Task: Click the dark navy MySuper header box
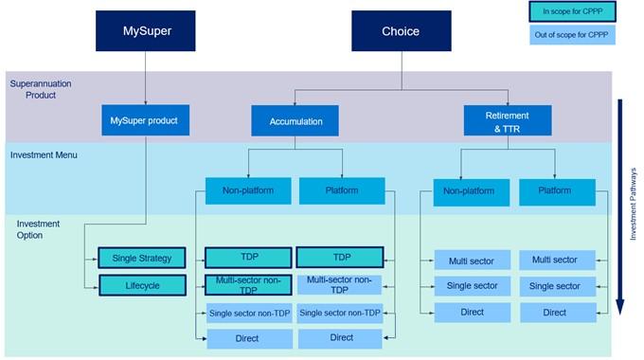(x=147, y=31)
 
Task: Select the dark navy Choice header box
(x=401, y=31)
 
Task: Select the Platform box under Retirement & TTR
(x=557, y=191)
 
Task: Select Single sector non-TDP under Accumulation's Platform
(x=341, y=312)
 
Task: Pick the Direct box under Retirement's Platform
(x=555, y=312)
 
